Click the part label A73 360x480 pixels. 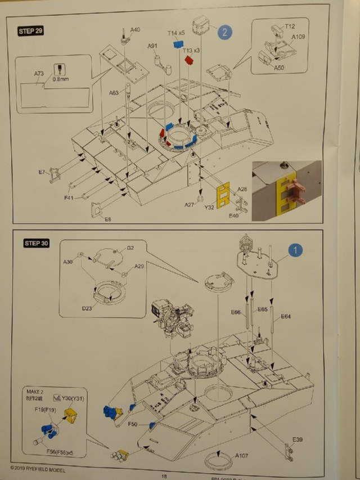pyautogui.click(x=39, y=73)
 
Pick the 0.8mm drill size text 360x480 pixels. pyautogui.click(x=58, y=79)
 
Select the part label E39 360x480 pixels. pyautogui.click(x=298, y=439)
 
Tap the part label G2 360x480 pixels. pyautogui.click(x=130, y=248)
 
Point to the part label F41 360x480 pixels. pyautogui.click(x=68, y=198)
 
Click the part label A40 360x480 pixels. pyautogui.click(x=135, y=29)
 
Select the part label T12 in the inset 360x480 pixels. pyautogui.click(x=290, y=26)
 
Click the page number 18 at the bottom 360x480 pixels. pyautogui.click(x=164, y=475)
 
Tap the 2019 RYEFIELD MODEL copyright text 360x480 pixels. pyautogui.click(x=38, y=469)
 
